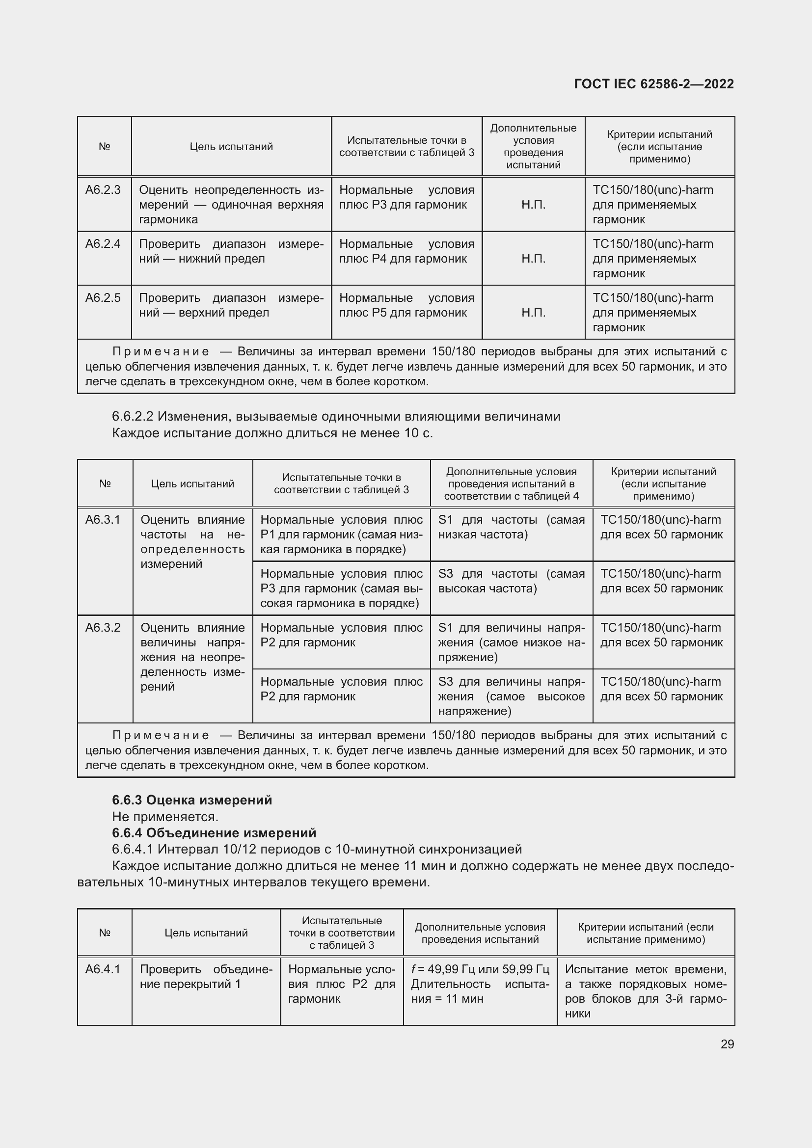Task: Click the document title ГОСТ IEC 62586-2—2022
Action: tap(653, 84)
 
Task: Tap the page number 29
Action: tap(727, 1044)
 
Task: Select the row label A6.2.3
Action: tap(103, 190)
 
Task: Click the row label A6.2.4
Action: tap(103, 244)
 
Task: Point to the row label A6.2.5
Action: tap(103, 298)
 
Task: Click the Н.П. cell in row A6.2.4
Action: tap(533, 259)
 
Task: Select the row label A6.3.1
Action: tap(103, 520)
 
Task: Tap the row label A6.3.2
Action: tap(103, 628)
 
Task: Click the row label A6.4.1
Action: tap(103, 969)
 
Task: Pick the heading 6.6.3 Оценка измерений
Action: tap(192, 800)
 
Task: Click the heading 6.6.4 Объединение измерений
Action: tap(214, 833)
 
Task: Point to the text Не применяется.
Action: tap(165, 817)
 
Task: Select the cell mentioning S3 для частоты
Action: tap(511, 582)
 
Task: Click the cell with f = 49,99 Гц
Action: tap(480, 984)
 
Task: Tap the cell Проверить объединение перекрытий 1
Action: tap(206, 977)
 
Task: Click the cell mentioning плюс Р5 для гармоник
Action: tap(406, 305)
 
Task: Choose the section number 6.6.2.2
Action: tap(133, 417)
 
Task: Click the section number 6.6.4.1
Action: tap(133, 850)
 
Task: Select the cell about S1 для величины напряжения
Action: tap(511, 642)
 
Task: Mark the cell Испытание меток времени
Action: tap(646, 991)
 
